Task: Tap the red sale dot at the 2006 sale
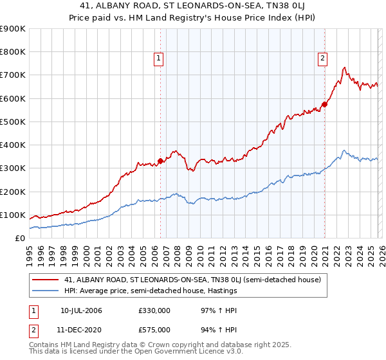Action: (x=160, y=161)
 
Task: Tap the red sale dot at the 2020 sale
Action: (x=324, y=104)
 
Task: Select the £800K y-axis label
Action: (x=13, y=52)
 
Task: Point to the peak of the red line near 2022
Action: (x=345, y=67)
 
